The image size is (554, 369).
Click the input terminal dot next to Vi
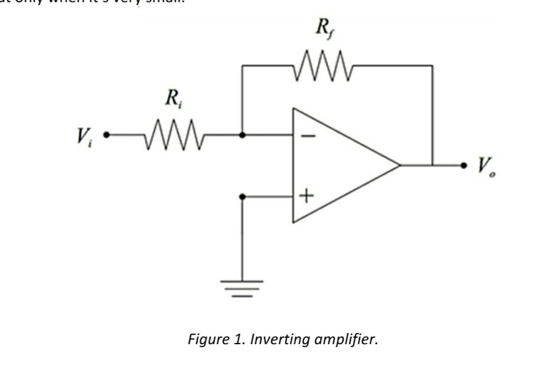click(x=106, y=135)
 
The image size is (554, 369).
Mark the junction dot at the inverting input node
click(x=242, y=135)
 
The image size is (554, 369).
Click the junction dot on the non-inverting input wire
click(x=242, y=196)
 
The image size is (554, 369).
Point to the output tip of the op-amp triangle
click(x=399, y=165)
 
